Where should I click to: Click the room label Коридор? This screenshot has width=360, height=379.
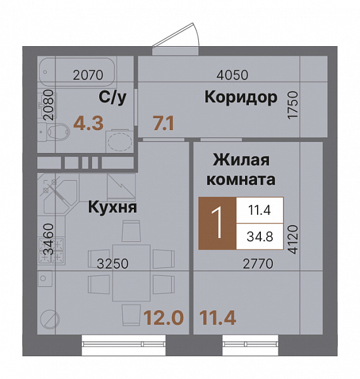pos(241,97)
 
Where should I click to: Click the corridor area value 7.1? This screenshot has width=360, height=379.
pos(164,123)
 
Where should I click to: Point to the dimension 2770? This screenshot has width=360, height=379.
pos(258,265)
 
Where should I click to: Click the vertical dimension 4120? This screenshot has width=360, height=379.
pos(292,238)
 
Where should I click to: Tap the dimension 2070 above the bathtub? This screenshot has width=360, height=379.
pos(88,75)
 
